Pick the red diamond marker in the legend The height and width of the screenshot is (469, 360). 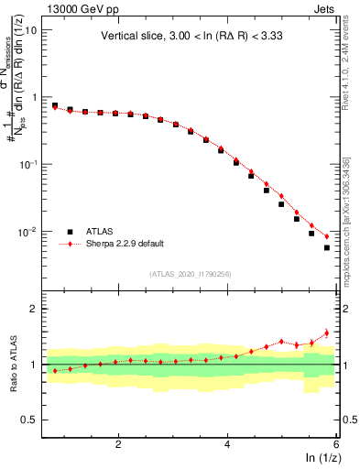tap(70, 245)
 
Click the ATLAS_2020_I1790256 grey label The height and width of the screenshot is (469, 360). tap(190, 274)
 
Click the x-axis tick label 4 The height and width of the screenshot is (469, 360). tap(227, 444)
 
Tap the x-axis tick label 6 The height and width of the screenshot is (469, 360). tap(335, 444)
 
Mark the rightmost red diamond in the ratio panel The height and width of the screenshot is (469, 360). tap(327, 333)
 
